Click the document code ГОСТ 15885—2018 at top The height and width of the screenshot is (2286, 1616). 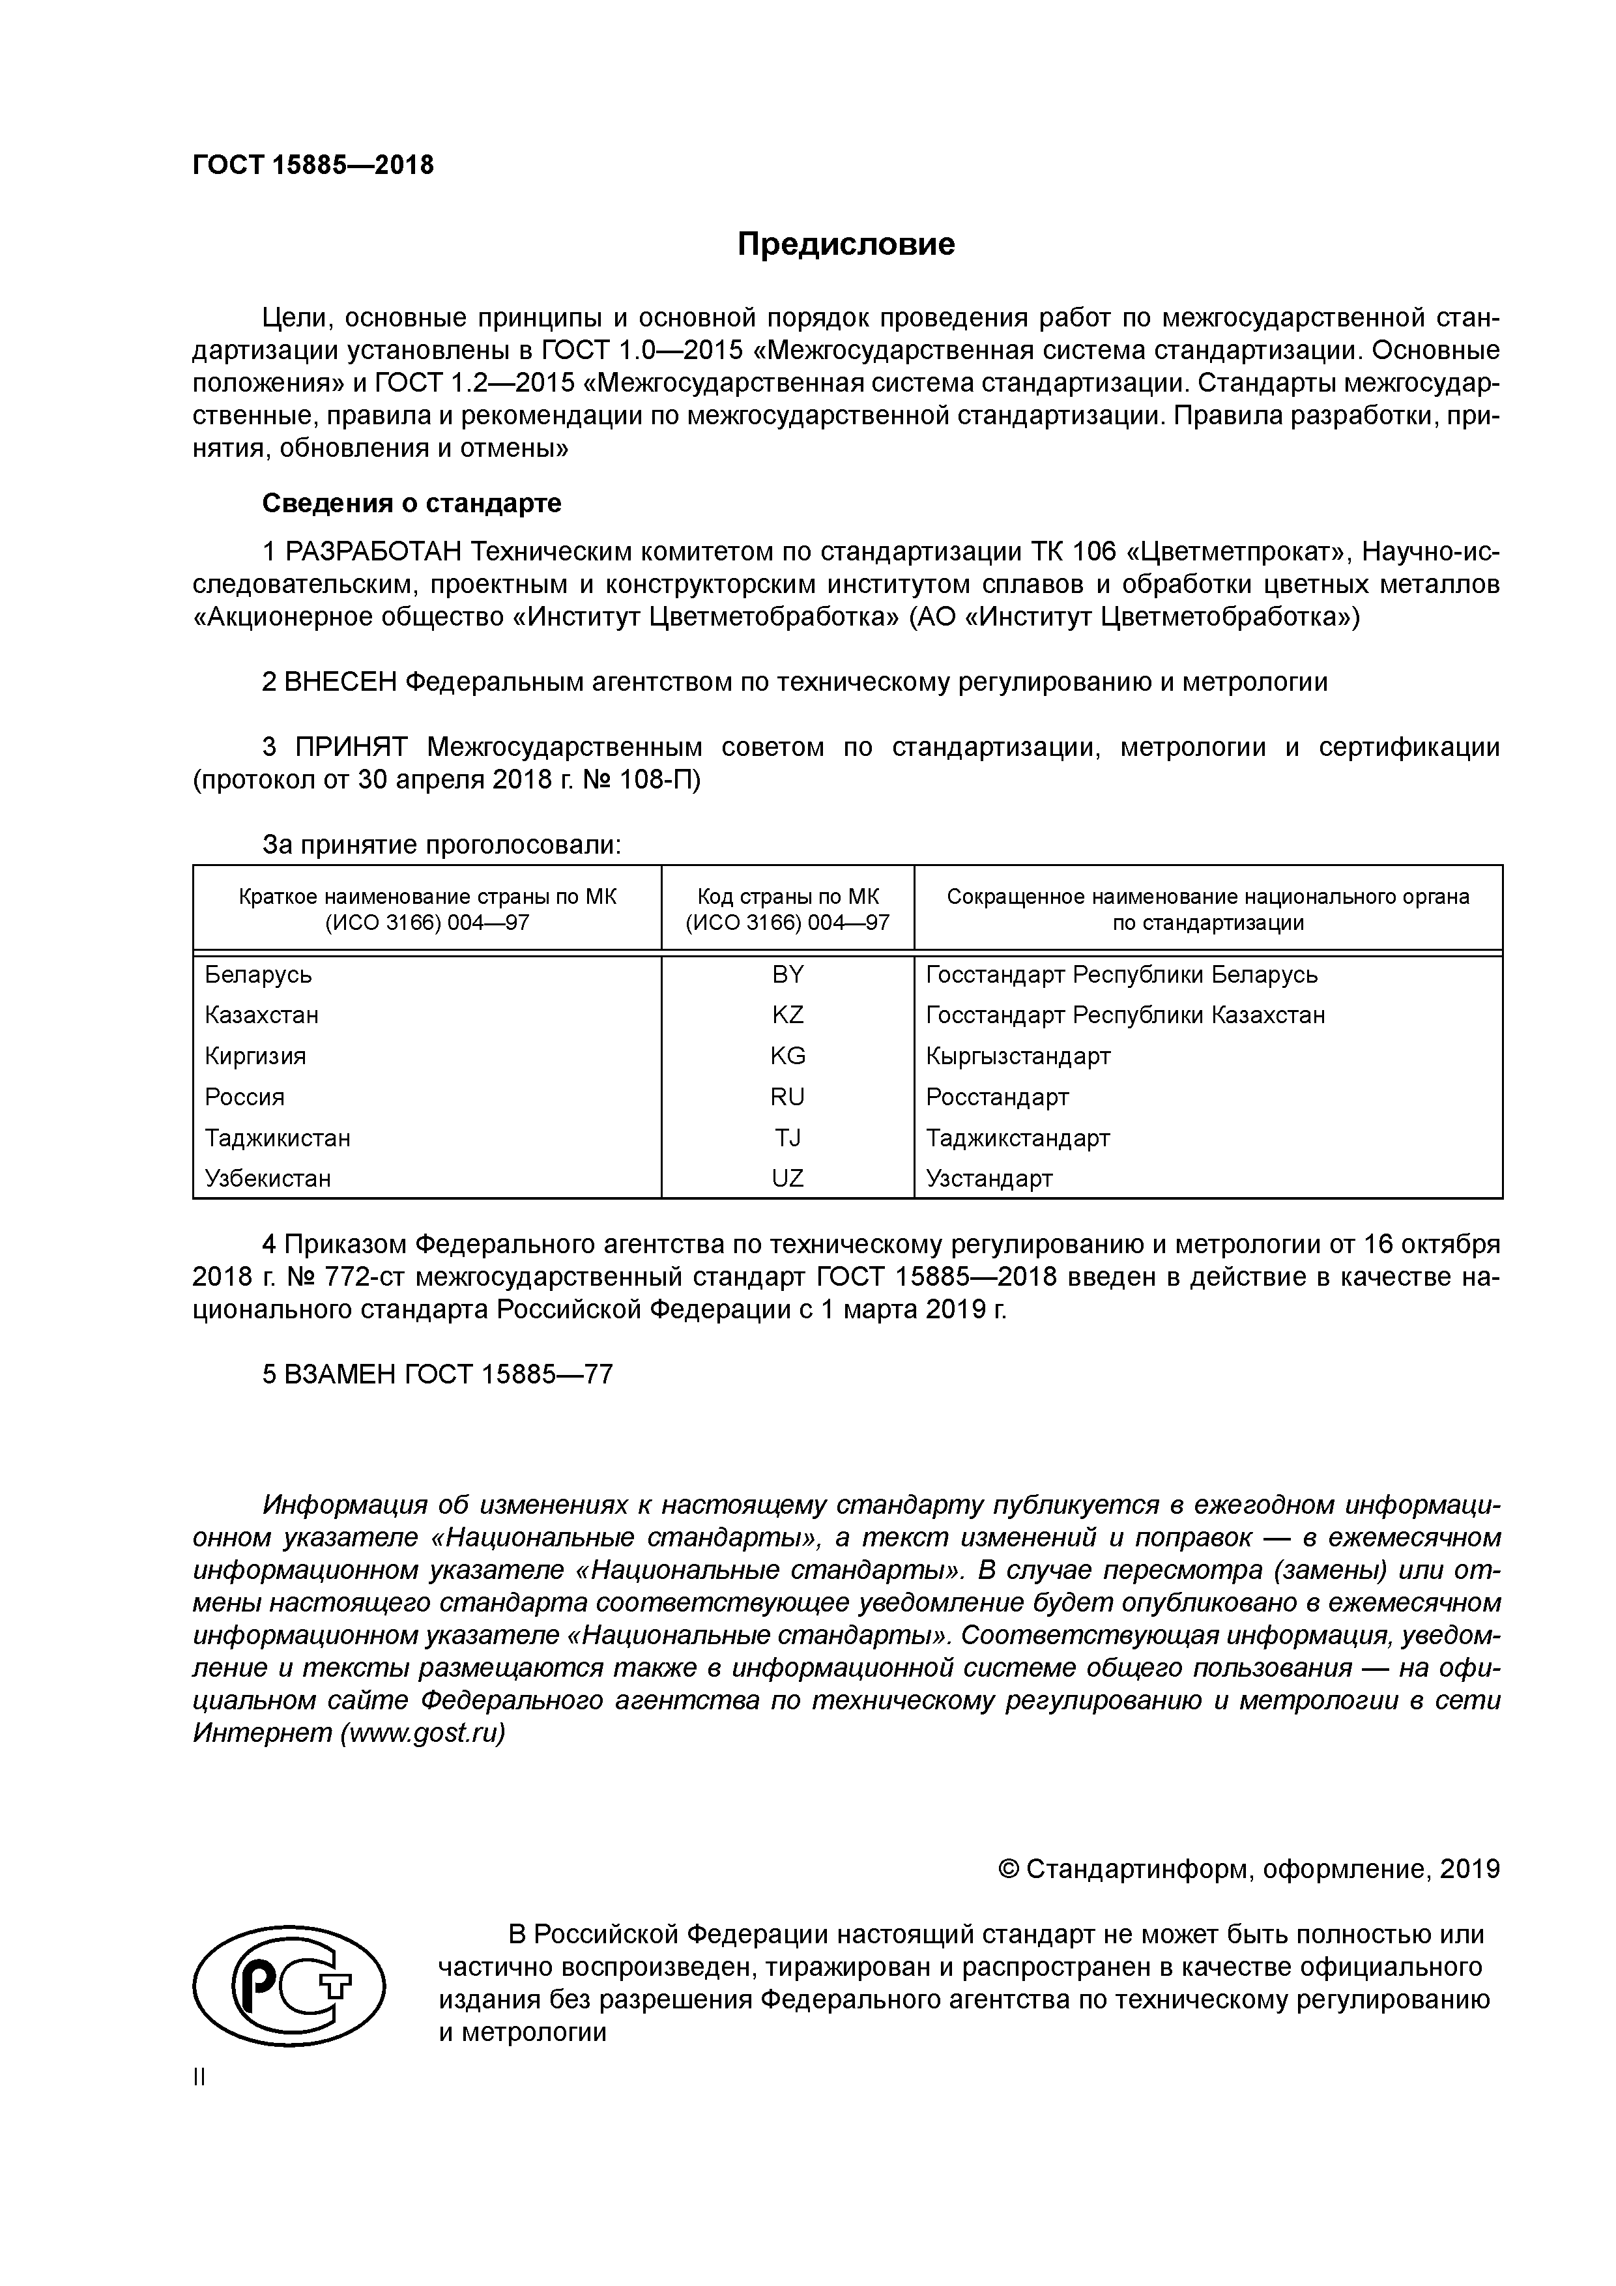tap(313, 166)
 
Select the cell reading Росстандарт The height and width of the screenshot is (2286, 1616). tap(997, 1097)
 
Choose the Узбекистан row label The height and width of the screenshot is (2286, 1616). tap(268, 1179)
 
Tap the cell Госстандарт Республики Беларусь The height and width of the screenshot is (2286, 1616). tap(1121, 975)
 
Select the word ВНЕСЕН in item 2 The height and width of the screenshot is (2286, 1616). tap(341, 682)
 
